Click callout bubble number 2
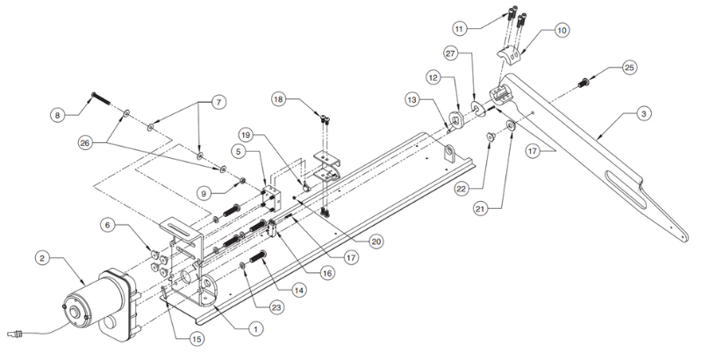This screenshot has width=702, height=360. (x=41, y=258)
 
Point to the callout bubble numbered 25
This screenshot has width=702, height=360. (x=629, y=67)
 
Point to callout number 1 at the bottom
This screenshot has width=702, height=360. (x=255, y=329)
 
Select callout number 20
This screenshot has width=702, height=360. (x=375, y=238)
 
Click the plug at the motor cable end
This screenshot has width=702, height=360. (x=16, y=334)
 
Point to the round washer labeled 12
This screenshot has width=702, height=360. (x=456, y=119)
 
